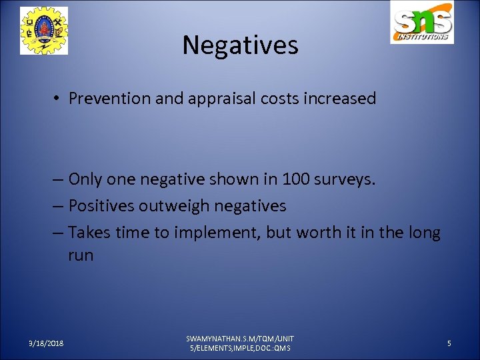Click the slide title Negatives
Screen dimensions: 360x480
tap(240, 45)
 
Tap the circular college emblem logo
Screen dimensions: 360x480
tap(44, 31)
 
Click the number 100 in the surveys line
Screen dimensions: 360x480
tap(295, 179)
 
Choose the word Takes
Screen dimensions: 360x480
tap(89, 233)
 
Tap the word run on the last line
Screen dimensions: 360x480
tap(81, 255)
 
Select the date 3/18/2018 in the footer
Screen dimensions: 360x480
tap(46, 343)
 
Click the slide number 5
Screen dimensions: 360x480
tap(449, 343)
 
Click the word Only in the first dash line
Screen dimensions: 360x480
tap(85, 179)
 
